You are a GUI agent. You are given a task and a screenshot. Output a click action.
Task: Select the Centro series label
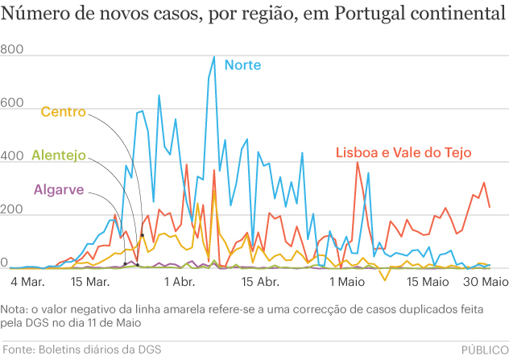pos(63,112)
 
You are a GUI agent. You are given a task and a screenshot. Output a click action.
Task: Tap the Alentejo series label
pos(58,155)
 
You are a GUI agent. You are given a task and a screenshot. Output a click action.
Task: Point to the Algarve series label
pos(60,191)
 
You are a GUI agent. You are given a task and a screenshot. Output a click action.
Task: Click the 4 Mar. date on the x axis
pos(27,283)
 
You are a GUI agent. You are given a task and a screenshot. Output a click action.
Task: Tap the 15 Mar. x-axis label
pos(91,283)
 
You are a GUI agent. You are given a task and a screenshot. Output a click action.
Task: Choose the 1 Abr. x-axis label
pos(180,283)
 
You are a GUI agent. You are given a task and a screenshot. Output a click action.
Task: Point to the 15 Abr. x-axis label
pos(261,283)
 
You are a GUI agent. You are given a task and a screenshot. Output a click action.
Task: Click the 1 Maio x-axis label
pos(346,283)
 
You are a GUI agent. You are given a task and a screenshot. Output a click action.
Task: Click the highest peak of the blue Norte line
pos(213,57)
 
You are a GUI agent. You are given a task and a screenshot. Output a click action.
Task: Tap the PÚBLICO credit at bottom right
pos(484,348)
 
